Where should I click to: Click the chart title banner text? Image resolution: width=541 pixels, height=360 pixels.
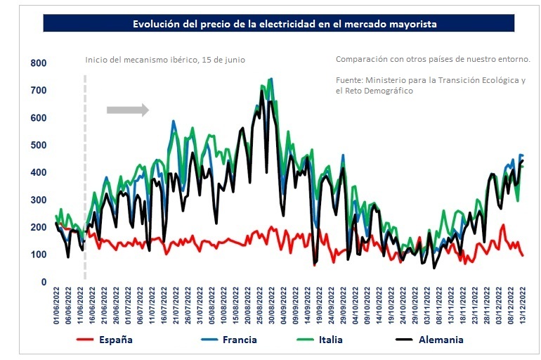(285, 24)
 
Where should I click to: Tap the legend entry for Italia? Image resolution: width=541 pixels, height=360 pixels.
(340, 340)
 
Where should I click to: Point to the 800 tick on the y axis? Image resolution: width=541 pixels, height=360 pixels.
(38, 63)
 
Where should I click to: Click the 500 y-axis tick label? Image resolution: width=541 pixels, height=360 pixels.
(38, 146)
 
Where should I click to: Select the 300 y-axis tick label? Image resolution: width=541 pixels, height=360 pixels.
(38, 200)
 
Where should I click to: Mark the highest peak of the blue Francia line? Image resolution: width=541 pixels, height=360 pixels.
(271, 79)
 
